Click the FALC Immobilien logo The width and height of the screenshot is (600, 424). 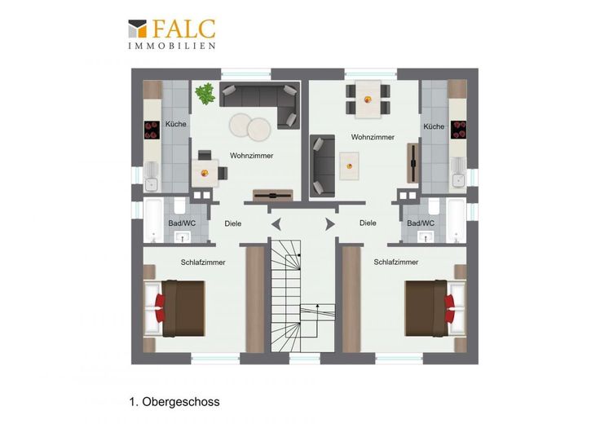172,34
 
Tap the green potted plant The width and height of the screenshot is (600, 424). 205,94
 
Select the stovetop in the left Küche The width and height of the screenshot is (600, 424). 152,130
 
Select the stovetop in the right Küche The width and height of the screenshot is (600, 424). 458,130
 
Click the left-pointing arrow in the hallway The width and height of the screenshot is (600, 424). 276,224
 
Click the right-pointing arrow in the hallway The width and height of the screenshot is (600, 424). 330,224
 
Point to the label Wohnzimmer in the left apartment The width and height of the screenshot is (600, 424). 251,156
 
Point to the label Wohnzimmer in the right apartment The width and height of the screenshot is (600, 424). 373,137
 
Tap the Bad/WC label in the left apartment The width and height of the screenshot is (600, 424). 182,223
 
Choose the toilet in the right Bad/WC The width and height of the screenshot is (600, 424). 434,206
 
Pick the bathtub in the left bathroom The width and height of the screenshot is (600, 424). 153,220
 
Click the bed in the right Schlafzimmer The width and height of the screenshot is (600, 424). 435,308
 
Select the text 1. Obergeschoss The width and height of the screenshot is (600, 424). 174,402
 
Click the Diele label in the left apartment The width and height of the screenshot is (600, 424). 232,223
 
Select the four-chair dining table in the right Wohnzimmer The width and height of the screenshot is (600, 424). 368,99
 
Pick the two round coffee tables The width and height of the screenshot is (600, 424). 250,126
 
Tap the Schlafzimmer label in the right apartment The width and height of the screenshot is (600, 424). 396,262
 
